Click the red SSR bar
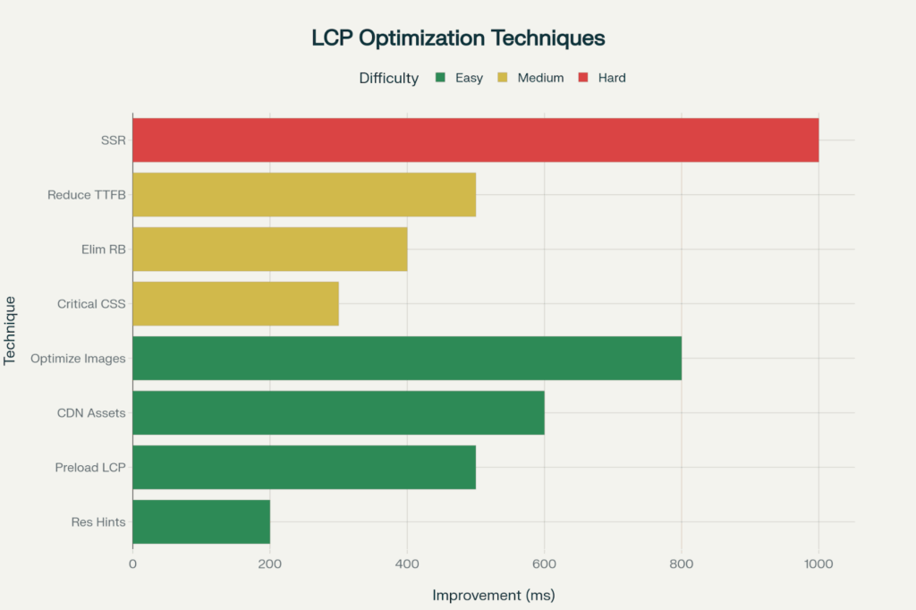(475, 140)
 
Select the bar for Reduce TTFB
(304, 195)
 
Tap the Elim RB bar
(269, 250)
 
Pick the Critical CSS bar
(235, 304)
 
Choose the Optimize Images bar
(407, 359)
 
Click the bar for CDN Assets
(338, 413)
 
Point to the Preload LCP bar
(304, 468)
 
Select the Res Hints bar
(201, 522)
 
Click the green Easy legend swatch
(439, 78)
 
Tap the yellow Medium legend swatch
(503, 78)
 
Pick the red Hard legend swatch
(583, 78)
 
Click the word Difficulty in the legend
(388, 78)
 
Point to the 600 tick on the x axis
(544, 563)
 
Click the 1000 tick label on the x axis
(818, 563)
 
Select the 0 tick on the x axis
(132, 563)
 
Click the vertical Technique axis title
(12, 331)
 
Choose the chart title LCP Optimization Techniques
(458, 38)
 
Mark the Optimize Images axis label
(78, 359)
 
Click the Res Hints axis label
(98, 522)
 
